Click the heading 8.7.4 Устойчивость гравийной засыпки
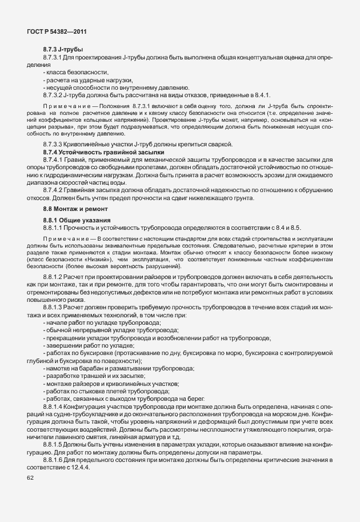pos(103,153)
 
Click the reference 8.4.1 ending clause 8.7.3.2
pos(259,94)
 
